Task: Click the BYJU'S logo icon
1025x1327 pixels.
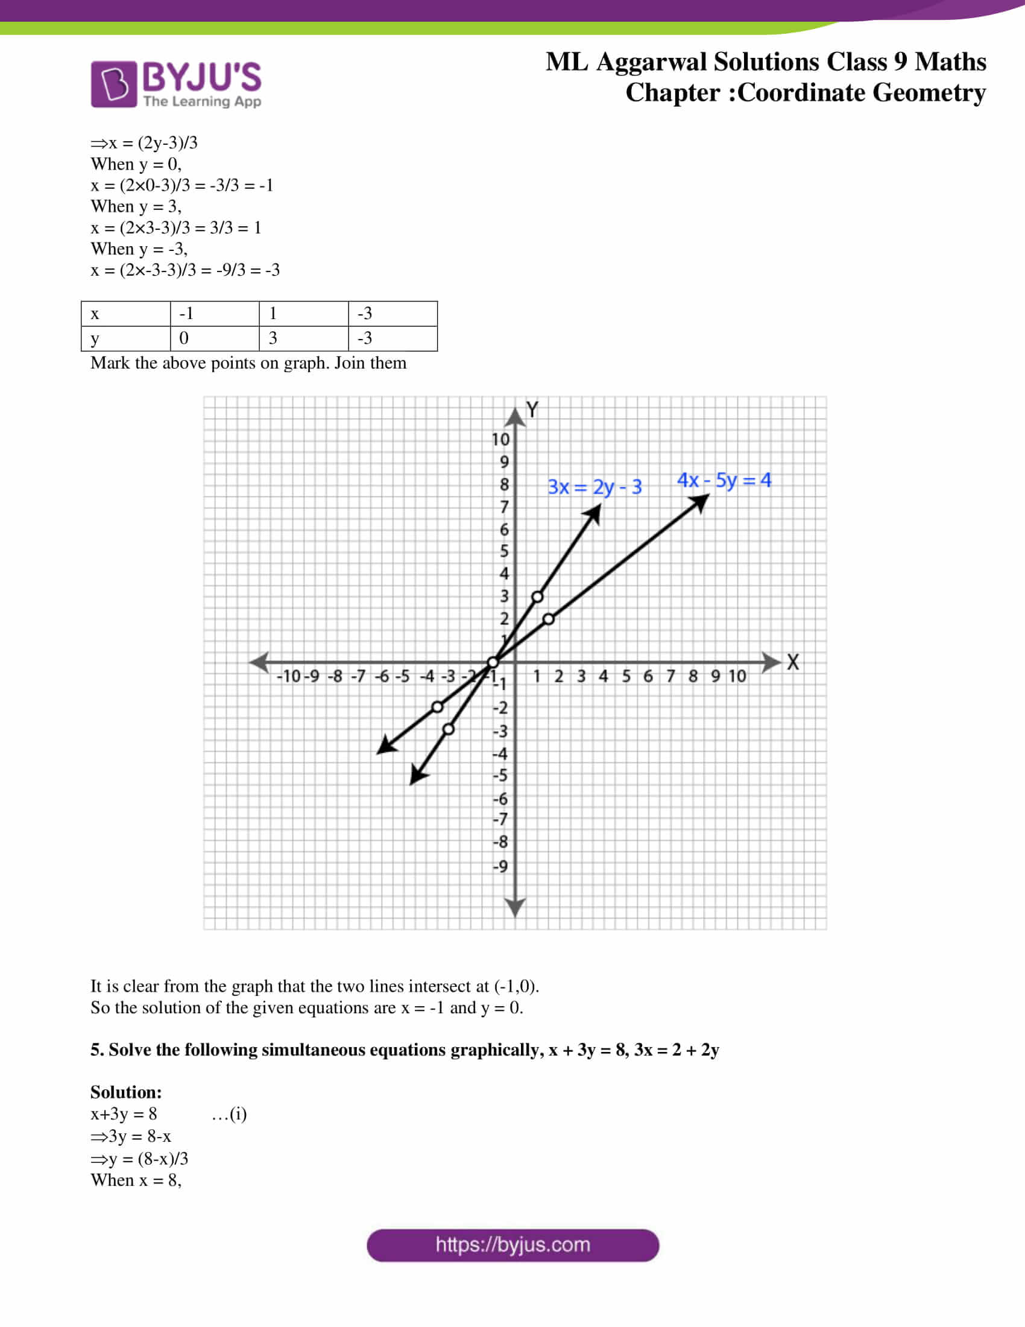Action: (x=113, y=84)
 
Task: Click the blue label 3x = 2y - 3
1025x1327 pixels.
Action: (x=594, y=487)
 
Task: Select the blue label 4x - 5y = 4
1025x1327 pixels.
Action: (x=724, y=480)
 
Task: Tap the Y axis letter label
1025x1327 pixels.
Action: (x=532, y=410)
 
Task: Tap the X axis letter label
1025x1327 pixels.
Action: (x=792, y=662)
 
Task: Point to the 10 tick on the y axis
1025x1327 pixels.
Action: (x=500, y=439)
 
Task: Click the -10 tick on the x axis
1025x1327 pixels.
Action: (x=289, y=676)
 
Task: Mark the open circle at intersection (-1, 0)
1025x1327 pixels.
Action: (x=493, y=662)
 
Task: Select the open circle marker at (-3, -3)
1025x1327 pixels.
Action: (x=448, y=729)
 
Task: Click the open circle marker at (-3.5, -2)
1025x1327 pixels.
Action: (x=437, y=707)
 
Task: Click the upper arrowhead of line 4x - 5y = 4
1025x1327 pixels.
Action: (x=701, y=502)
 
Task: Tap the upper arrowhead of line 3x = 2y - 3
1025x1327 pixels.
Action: (x=594, y=514)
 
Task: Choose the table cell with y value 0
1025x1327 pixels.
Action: (x=215, y=338)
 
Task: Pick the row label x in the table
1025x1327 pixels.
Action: (x=95, y=314)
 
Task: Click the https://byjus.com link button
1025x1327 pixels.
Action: (x=512, y=1245)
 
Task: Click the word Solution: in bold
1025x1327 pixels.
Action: (x=125, y=1092)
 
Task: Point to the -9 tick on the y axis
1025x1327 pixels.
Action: (x=500, y=866)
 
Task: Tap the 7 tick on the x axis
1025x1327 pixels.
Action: (x=670, y=676)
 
